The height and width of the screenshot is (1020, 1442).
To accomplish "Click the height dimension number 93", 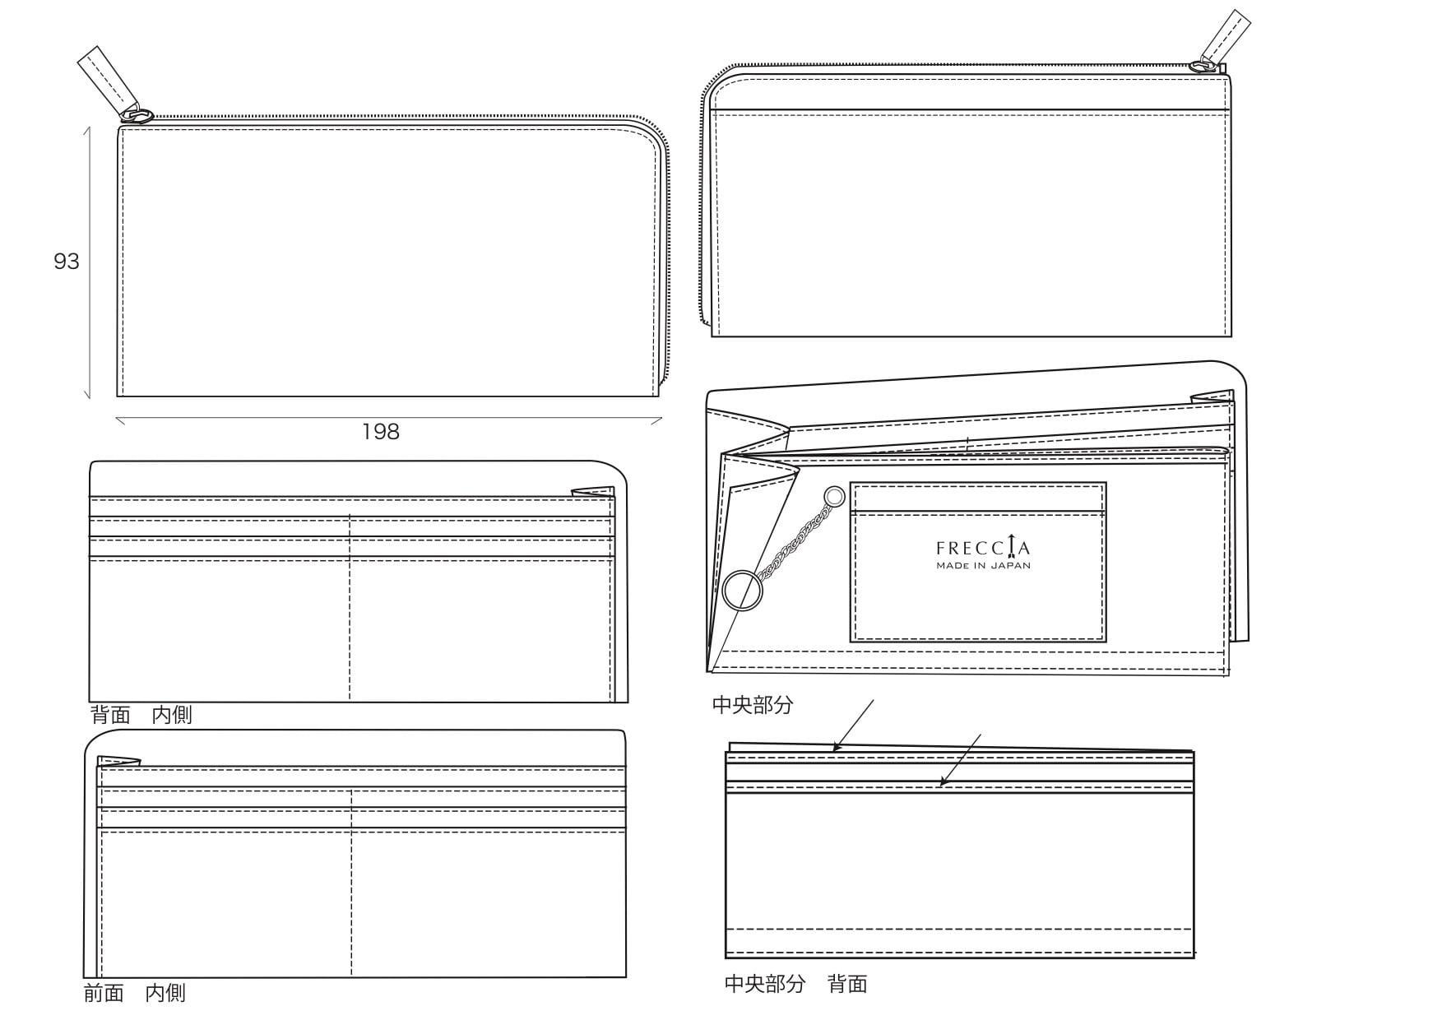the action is (x=67, y=262).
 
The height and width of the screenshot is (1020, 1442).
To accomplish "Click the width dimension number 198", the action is (x=381, y=432).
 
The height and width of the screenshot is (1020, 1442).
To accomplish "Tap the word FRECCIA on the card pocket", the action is (x=982, y=548).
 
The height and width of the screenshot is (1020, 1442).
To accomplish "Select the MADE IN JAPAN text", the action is (x=983, y=566).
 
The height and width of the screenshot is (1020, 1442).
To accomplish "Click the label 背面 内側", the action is (x=141, y=715).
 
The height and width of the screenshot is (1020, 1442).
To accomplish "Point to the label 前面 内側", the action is (x=135, y=993).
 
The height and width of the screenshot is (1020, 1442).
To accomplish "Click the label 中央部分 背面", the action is (x=795, y=984).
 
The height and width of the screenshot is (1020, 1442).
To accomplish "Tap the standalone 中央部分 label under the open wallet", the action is (x=753, y=705).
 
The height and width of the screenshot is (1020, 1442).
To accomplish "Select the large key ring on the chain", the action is (x=742, y=591).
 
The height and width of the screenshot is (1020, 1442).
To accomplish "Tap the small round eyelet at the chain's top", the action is (x=834, y=496).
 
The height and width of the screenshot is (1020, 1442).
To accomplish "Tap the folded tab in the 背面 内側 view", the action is (x=593, y=492).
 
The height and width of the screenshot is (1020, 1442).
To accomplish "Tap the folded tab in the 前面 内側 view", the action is (x=118, y=761).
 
